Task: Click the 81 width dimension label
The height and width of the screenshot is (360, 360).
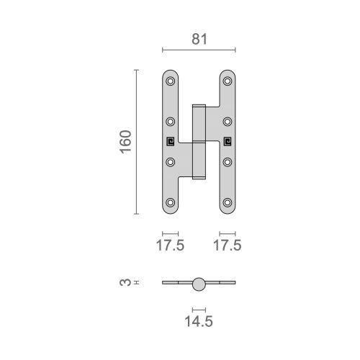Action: [199, 40]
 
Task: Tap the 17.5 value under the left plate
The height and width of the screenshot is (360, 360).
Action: [171, 246]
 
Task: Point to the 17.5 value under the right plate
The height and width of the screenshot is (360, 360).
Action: [228, 246]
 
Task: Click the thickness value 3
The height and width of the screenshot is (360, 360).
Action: [123, 284]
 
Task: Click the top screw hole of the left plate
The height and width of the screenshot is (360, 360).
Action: [171, 81]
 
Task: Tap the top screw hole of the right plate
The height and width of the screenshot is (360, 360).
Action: [228, 81]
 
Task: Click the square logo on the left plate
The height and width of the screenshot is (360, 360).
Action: [171, 141]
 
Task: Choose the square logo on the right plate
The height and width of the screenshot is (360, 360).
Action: [228, 141]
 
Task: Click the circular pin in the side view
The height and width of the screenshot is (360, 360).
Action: [199, 284]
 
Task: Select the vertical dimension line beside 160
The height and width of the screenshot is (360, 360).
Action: [136, 142]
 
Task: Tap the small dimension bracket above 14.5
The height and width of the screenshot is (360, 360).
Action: [199, 308]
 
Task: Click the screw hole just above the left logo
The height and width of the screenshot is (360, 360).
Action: [171, 121]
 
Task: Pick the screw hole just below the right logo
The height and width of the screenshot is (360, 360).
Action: [228, 161]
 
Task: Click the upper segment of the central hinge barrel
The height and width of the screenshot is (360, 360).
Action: [199, 122]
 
